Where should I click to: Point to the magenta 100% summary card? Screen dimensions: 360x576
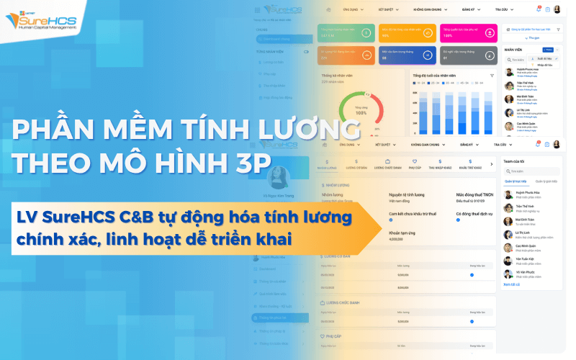pyautogui.click(x=468, y=32)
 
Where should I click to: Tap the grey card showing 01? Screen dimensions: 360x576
pyautogui.click(x=468, y=55)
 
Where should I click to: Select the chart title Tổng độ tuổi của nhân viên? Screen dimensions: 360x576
pyautogui.click(x=440, y=76)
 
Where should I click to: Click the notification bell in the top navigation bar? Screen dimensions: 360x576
pyautogui.click(x=539, y=9)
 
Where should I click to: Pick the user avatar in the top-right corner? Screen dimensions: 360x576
pyautogui.click(x=557, y=9)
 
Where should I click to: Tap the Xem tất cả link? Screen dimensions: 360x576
pyautogui.click(x=511, y=284)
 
